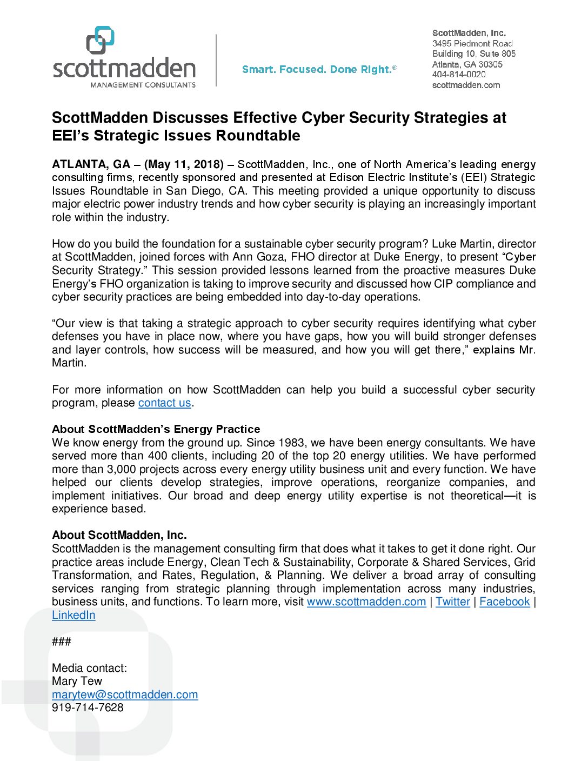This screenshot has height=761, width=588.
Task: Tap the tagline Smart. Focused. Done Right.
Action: (x=319, y=70)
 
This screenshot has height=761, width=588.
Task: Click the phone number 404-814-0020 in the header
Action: (x=459, y=75)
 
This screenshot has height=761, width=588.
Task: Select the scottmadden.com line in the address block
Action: (x=466, y=85)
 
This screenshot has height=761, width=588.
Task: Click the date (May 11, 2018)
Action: (x=184, y=164)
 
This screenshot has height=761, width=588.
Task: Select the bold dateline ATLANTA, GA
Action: (x=91, y=164)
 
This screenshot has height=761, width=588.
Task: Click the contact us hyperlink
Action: (x=164, y=403)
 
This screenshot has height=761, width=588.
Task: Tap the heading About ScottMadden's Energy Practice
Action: (x=156, y=429)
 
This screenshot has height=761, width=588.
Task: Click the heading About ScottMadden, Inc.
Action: (x=119, y=535)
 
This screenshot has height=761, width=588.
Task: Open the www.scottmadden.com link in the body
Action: (x=366, y=602)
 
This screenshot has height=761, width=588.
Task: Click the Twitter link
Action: (x=453, y=602)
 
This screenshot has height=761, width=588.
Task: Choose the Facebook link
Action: (x=504, y=602)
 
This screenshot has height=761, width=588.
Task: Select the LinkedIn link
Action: (x=73, y=616)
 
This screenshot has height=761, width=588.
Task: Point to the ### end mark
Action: (x=62, y=642)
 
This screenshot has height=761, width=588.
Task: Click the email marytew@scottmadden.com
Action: (x=125, y=695)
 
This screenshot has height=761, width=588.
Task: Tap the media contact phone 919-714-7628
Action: (x=88, y=708)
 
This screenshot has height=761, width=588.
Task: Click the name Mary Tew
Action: (x=77, y=682)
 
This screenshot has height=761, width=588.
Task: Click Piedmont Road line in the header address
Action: (x=472, y=44)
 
